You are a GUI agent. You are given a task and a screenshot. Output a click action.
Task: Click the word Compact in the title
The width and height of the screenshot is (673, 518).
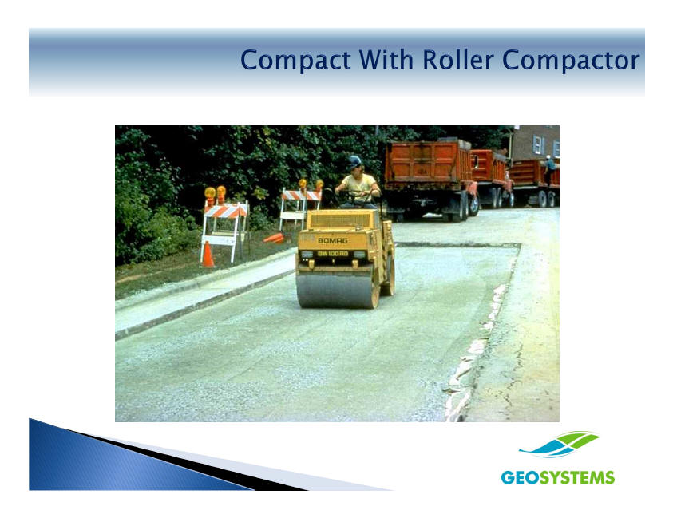(295, 60)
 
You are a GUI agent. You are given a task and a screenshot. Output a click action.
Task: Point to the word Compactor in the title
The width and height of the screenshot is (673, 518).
(571, 60)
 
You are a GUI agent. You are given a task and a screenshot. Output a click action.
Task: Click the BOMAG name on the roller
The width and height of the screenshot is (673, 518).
(333, 241)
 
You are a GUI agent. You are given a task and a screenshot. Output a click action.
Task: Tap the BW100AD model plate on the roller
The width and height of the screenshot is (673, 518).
(333, 253)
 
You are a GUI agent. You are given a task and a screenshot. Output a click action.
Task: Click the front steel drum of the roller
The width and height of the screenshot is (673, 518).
(338, 289)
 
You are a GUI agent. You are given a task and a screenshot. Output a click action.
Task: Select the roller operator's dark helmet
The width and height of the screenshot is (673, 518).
(354, 162)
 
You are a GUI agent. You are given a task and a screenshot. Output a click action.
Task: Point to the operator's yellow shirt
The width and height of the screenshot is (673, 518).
(358, 184)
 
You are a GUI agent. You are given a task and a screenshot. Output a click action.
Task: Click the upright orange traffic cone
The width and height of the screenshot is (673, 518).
(208, 255)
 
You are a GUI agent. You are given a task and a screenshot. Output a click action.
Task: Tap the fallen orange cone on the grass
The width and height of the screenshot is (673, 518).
(274, 238)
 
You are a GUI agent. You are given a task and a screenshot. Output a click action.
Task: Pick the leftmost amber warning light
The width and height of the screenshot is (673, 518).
(210, 192)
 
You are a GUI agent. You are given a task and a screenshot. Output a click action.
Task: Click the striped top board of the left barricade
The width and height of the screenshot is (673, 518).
(226, 210)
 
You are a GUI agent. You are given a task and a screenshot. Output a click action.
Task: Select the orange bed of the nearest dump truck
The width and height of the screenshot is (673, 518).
(428, 163)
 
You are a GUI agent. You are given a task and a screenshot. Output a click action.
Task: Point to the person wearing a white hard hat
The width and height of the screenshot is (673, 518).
(549, 169)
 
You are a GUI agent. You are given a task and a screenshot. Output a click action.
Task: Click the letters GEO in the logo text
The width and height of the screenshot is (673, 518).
(520, 477)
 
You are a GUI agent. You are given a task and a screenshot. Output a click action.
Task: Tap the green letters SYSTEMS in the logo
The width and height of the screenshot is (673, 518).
(577, 477)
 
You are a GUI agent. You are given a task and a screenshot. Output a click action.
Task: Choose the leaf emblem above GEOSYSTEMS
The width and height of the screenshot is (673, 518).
(559, 445)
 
